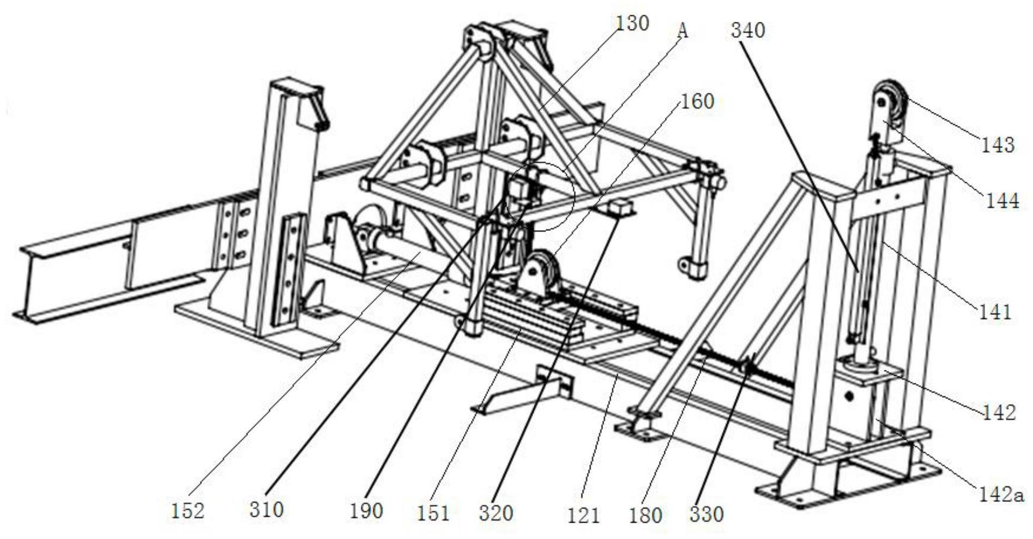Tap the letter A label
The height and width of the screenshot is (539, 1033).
(x=682, y=30)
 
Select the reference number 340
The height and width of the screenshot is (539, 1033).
(x=748, y=30)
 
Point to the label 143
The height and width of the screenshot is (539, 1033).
(x=998, y=145)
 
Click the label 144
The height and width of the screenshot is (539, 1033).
(x=1002, y=201)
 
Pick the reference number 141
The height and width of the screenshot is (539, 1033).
(x=995, y=312)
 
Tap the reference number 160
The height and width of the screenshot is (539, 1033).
(x=697, y=101)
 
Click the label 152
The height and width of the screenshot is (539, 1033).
(x=188, y=511)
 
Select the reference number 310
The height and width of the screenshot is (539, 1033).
(x=267, y=510)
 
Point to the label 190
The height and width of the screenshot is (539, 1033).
(x=366, y=511)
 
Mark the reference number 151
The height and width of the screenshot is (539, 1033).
(x=433, y=513)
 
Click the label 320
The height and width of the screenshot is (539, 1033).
(x=496, y=513)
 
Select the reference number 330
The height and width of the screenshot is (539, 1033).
(x=706, y=514)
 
